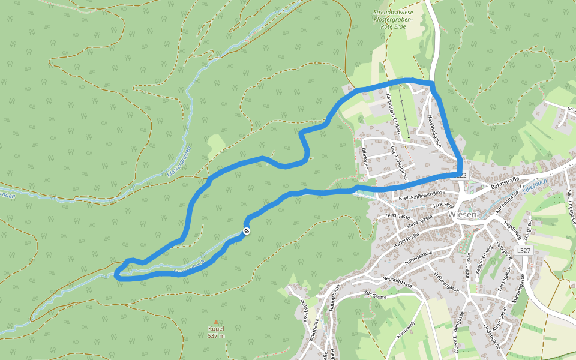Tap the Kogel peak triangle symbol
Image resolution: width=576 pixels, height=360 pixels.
point(216,322)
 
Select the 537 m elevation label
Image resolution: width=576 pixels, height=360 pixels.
point(216,335)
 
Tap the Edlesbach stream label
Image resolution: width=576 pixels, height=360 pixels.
point(535,185)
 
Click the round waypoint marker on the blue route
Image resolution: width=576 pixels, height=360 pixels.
point(246,232)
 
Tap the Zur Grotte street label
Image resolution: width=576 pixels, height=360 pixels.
point(376,294)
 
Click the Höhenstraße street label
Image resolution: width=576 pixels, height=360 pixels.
point(418,257)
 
